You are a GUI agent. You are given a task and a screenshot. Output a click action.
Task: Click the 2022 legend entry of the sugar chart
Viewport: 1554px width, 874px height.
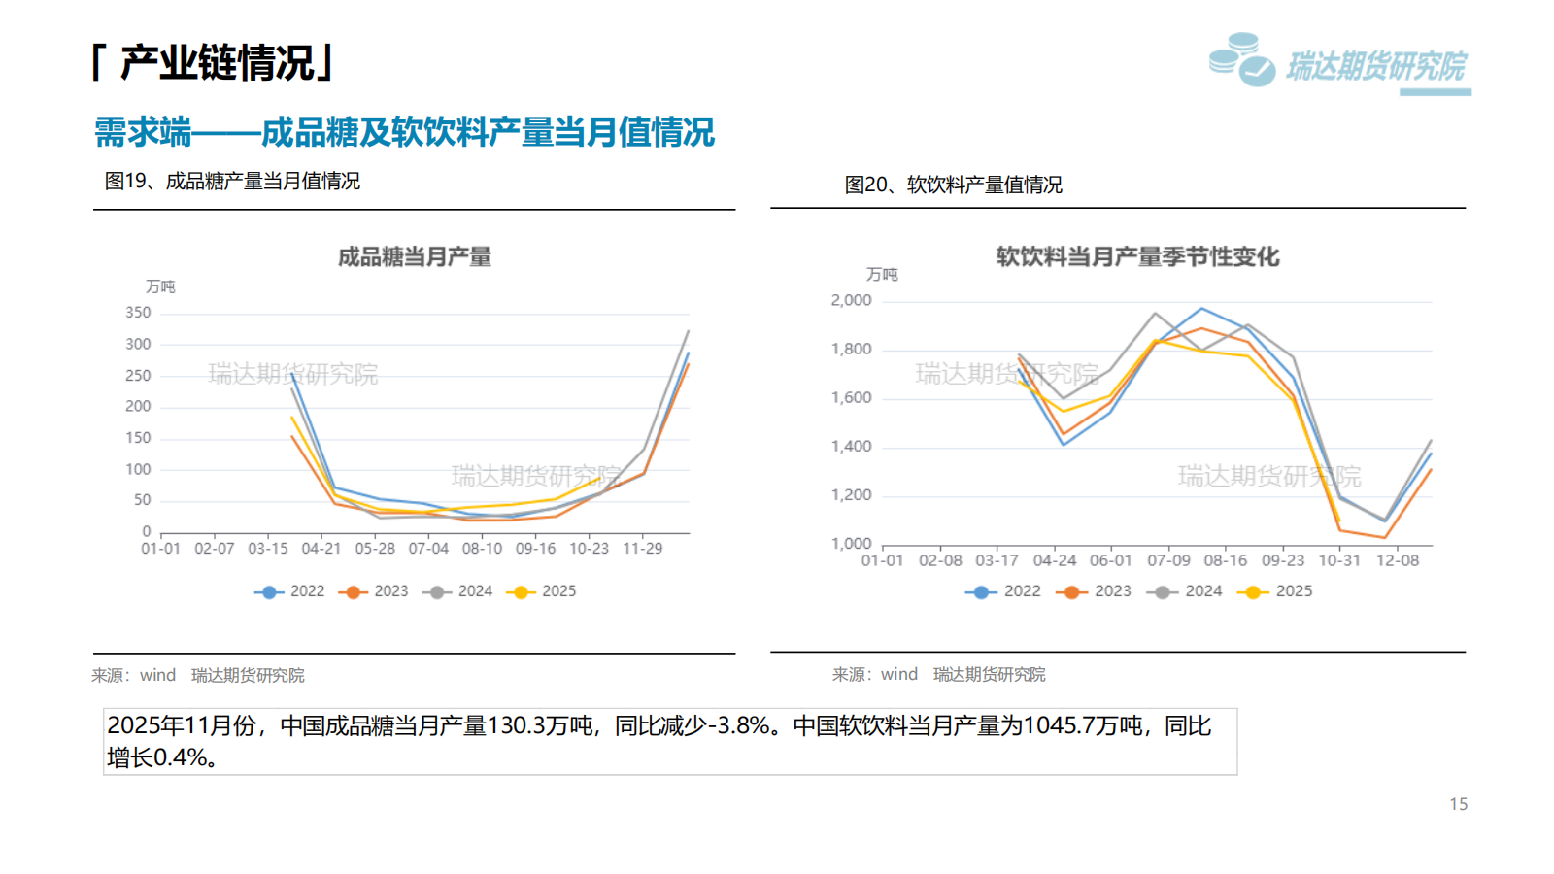pos(290,591)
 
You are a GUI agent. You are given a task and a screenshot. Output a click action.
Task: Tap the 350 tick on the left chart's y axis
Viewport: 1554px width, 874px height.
pos(138,313)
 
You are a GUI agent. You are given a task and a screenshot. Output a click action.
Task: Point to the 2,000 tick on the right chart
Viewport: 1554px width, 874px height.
pos(851,301)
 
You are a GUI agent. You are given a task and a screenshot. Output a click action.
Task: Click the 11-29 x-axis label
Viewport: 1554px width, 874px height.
pos(642,549)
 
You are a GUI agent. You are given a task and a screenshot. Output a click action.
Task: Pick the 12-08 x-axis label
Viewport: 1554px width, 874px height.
pos(1398,560)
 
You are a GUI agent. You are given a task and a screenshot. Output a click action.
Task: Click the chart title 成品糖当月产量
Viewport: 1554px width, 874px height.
pos(415,257)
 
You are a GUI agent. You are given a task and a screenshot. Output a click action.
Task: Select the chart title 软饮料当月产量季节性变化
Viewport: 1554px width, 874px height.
pos(1137,257)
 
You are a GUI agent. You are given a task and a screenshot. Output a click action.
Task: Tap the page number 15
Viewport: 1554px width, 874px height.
pos(1458,804)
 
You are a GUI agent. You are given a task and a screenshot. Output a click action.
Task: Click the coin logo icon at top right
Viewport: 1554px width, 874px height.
pos(1241,60)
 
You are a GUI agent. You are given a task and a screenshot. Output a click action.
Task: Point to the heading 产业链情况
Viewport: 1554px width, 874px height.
pos(216,63)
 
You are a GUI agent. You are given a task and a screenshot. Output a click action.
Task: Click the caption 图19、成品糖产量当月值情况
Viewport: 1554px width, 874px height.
pos(232,182)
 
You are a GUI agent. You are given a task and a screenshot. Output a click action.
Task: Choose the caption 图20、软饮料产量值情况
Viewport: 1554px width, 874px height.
pos(953,185)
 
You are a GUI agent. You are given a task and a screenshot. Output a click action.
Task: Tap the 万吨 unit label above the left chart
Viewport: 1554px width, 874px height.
pos(160,286)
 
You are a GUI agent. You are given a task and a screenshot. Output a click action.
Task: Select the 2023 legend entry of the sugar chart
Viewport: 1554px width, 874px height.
pos(375,591)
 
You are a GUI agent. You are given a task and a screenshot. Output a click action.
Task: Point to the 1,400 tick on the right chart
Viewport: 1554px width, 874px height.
pos(851,447)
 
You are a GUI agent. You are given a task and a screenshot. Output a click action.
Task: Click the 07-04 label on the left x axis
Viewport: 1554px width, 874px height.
pos(428,549)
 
